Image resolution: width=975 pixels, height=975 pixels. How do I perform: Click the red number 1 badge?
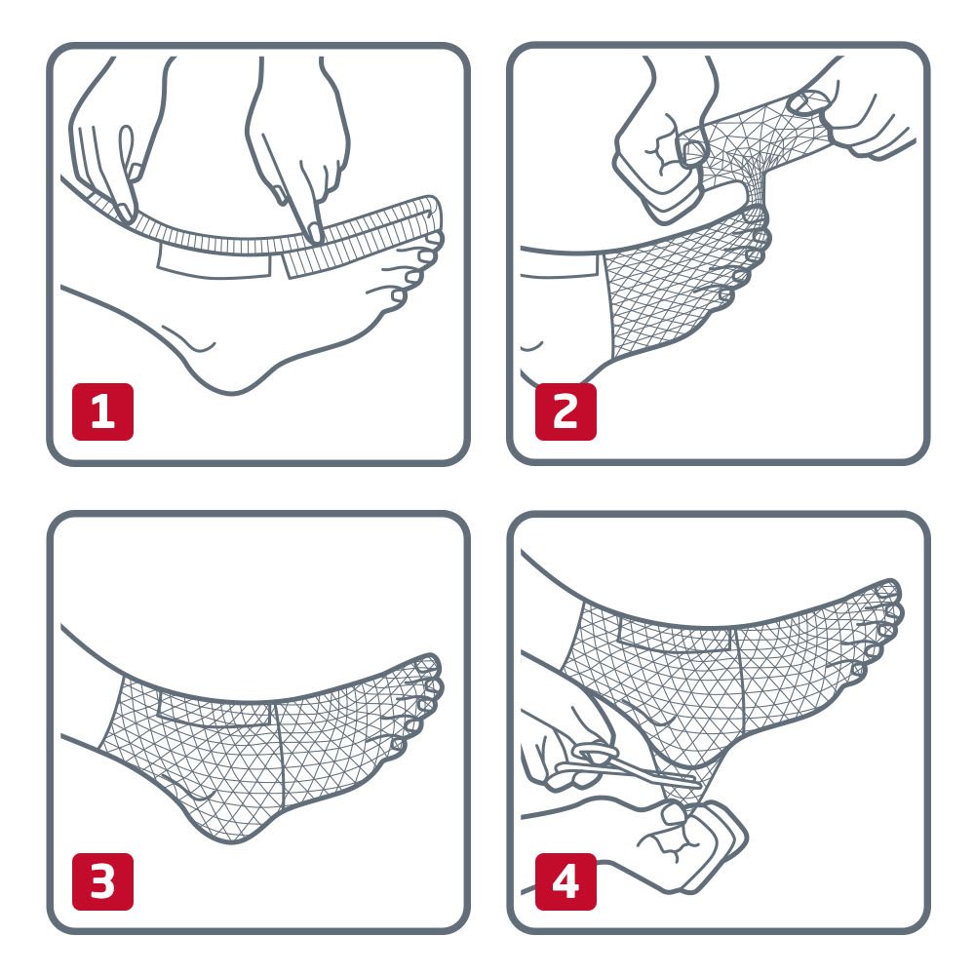pos(102,411)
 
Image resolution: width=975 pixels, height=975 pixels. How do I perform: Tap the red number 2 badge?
pos(565,411)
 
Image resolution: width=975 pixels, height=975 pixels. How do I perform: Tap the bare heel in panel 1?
pos(229,370)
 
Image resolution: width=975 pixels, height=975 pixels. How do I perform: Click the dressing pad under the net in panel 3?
pos(214,710)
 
